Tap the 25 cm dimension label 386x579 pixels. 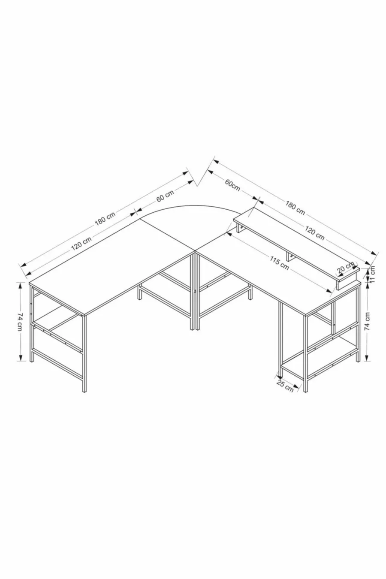285,386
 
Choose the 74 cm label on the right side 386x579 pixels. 367,321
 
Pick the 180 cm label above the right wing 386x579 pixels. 295,207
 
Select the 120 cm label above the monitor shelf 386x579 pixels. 314,232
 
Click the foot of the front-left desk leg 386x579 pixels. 84,391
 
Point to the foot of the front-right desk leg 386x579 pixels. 305,391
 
